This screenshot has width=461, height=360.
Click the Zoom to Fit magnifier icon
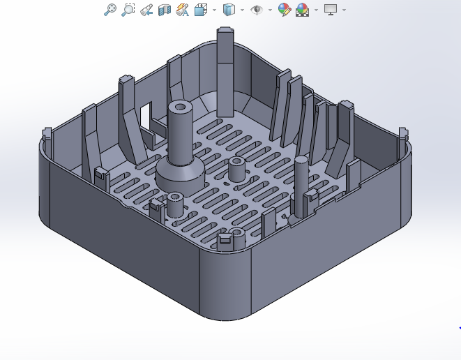[109, 10]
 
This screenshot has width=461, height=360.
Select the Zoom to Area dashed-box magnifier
[128, 10]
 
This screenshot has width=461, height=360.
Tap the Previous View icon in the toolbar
[146, 10]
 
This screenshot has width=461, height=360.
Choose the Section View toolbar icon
[165, 10]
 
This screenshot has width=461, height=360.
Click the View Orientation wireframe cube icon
[201, 10]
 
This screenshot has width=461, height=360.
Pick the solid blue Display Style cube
[227, 10]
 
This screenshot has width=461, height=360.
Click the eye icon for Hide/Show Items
[257, 10]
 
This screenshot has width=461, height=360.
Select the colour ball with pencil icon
[284, 10]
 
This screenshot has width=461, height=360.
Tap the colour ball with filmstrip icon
[302, 10]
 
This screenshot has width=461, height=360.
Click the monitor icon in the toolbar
[331, 10]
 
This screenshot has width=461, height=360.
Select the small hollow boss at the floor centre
[236, 168]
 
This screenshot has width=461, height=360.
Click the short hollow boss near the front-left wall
[174, 204]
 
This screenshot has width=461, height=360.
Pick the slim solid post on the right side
[301, 185]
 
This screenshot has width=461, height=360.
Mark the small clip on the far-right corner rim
[402, 134]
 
